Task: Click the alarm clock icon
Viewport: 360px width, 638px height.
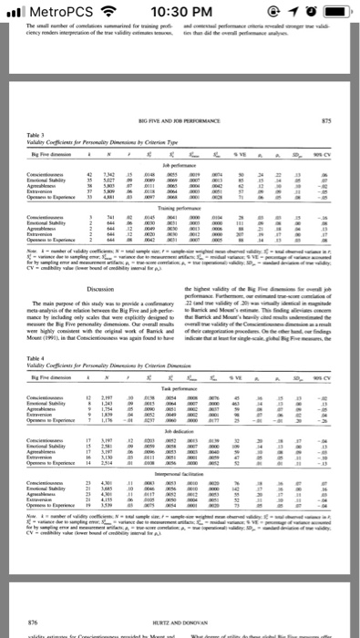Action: (303, 10)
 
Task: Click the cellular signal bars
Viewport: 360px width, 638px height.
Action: (15, 10)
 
